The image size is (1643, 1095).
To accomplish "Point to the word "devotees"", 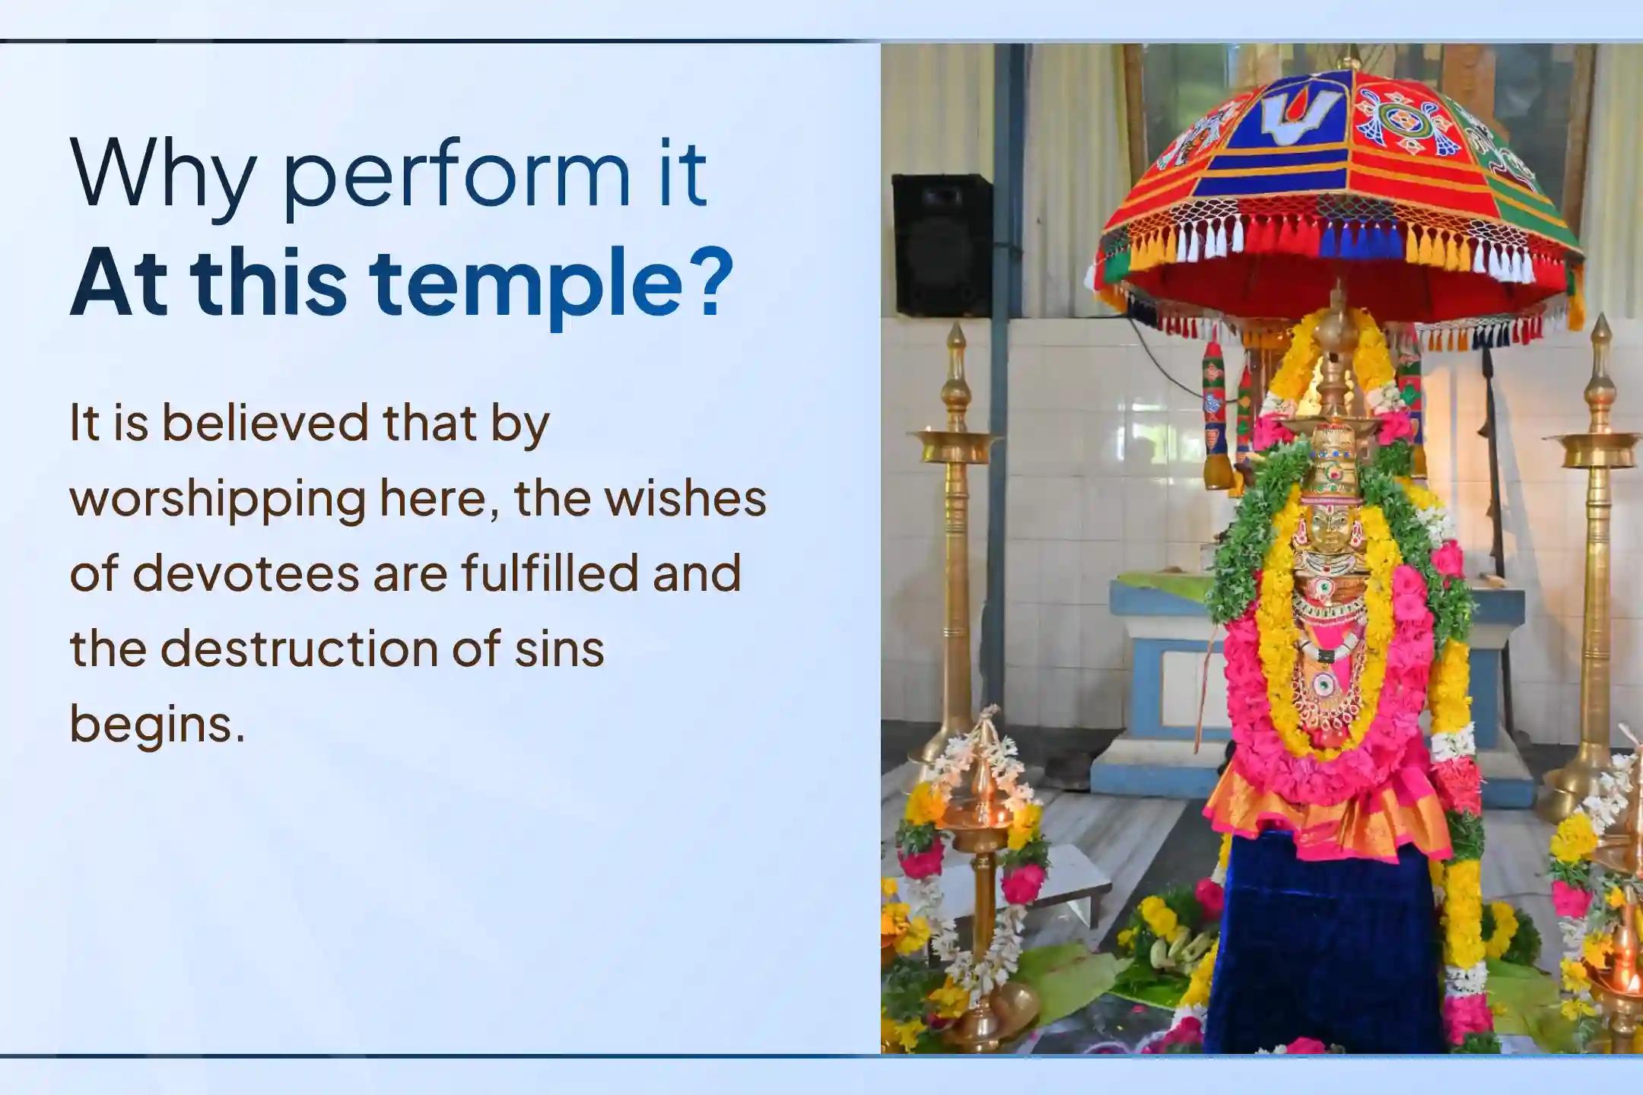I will pos(249,574).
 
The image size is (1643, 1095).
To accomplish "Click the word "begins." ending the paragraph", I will pos(157,726).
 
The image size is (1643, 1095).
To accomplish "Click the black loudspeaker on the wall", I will pos(942,245).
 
